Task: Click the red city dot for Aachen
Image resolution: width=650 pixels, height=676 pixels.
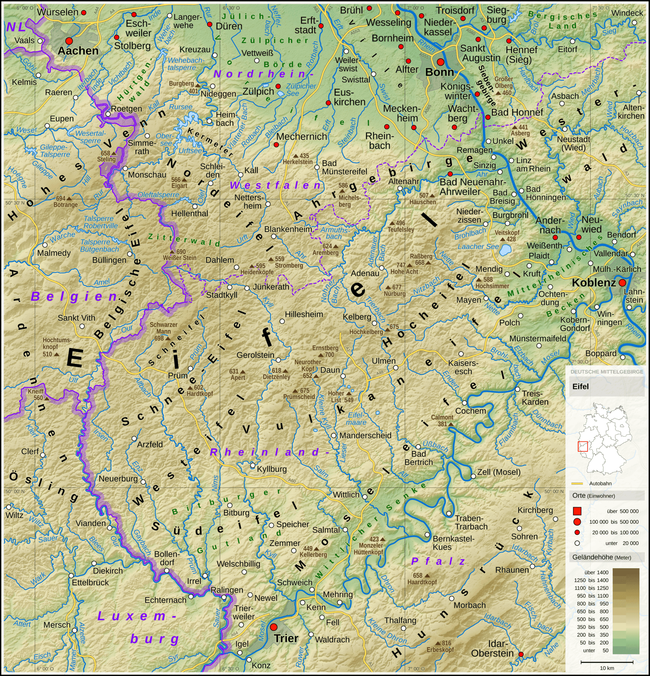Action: (69, 41)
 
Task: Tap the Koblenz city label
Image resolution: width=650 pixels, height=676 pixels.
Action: (593, 283)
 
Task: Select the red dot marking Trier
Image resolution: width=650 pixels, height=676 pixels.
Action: (273, 627)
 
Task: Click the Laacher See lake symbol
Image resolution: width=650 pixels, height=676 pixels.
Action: (506, 249)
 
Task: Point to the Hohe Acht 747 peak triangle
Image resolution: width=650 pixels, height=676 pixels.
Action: (410, 265)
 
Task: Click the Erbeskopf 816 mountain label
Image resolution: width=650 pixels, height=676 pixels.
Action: (440, 646)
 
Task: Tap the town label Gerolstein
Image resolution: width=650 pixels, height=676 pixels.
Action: (255, 355)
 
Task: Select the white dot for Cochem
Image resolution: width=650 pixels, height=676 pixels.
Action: (464, 403)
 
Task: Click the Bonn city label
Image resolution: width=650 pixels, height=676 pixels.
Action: (439, 72)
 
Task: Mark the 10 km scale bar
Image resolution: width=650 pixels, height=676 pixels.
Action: (607, 662)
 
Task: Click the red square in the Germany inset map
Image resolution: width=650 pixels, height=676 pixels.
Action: (583, 446)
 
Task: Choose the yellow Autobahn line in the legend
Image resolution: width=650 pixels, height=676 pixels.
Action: (577, 483)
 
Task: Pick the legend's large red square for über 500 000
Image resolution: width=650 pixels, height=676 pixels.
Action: (577, 511)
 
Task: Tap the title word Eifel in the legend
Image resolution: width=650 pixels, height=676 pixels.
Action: (580, 386)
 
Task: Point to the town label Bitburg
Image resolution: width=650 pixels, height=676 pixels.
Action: (236, 513)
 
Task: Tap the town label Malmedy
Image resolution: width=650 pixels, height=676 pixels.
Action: (54, 253)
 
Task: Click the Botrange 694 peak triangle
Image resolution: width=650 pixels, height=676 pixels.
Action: (69, 199)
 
